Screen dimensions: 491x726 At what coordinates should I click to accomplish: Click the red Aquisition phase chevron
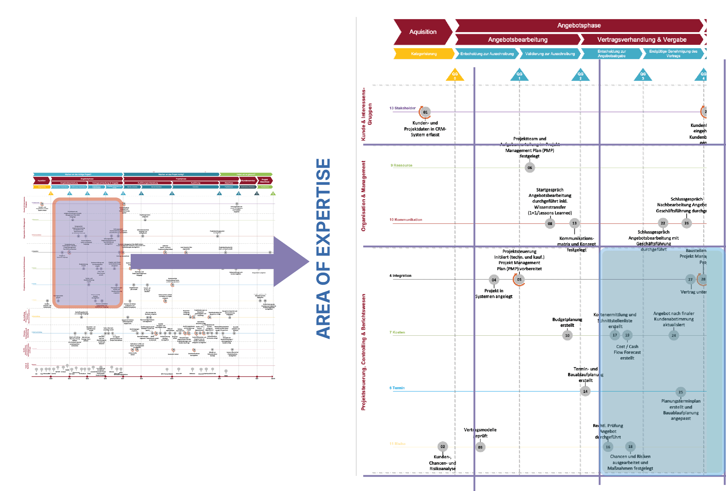click(423, 32)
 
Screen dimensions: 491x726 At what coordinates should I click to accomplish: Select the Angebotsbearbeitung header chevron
click(517, 40)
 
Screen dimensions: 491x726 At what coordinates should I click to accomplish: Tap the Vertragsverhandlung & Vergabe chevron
click(641, 40)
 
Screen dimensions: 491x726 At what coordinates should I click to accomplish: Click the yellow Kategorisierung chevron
click(423, 54)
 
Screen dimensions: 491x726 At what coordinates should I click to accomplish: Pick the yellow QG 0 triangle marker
click(455, 75)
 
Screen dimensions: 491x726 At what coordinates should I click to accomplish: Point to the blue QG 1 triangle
click(519, 75)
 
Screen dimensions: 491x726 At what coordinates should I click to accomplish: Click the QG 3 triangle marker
click(643, 75)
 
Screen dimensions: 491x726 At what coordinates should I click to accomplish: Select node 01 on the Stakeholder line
click(425, 112)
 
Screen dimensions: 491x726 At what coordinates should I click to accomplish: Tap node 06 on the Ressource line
click(530, 168)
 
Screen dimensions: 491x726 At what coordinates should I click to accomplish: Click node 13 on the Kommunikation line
click(574, 223)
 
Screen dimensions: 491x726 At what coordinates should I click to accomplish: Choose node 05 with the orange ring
click(519, 280)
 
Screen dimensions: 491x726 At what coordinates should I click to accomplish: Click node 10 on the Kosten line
click(567, 336)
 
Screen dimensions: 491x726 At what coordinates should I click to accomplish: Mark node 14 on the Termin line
click(585, 392)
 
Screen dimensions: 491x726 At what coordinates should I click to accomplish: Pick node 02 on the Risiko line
click(443, 446)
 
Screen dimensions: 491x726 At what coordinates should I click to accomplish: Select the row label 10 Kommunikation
click(405, 220)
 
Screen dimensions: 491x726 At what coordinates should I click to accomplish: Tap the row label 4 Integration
click(400, 276)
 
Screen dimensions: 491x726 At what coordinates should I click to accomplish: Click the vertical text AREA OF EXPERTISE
click(323, 249)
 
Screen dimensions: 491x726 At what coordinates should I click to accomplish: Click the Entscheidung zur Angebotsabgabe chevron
click(611, 54)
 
